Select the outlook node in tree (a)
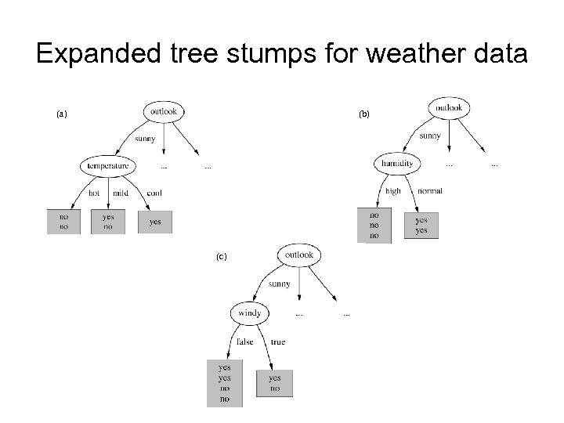coord(164,111)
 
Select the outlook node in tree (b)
coord(449,107)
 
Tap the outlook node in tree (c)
coord(299,255)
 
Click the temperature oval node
coord(108,166)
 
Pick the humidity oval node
coord(397,164)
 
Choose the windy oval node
coord(250,313)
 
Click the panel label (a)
coord(62,114)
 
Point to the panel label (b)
coord(364,114)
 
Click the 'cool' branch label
coord(154,193)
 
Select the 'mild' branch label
coord(120,193)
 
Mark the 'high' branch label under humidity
coord(392,190)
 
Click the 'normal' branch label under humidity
coord(430,190)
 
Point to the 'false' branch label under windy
coord(244,342)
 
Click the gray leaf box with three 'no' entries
coord(374,225)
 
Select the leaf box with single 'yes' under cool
coord(155,222)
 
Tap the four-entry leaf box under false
coord(225,383)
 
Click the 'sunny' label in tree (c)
coord(280,284)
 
